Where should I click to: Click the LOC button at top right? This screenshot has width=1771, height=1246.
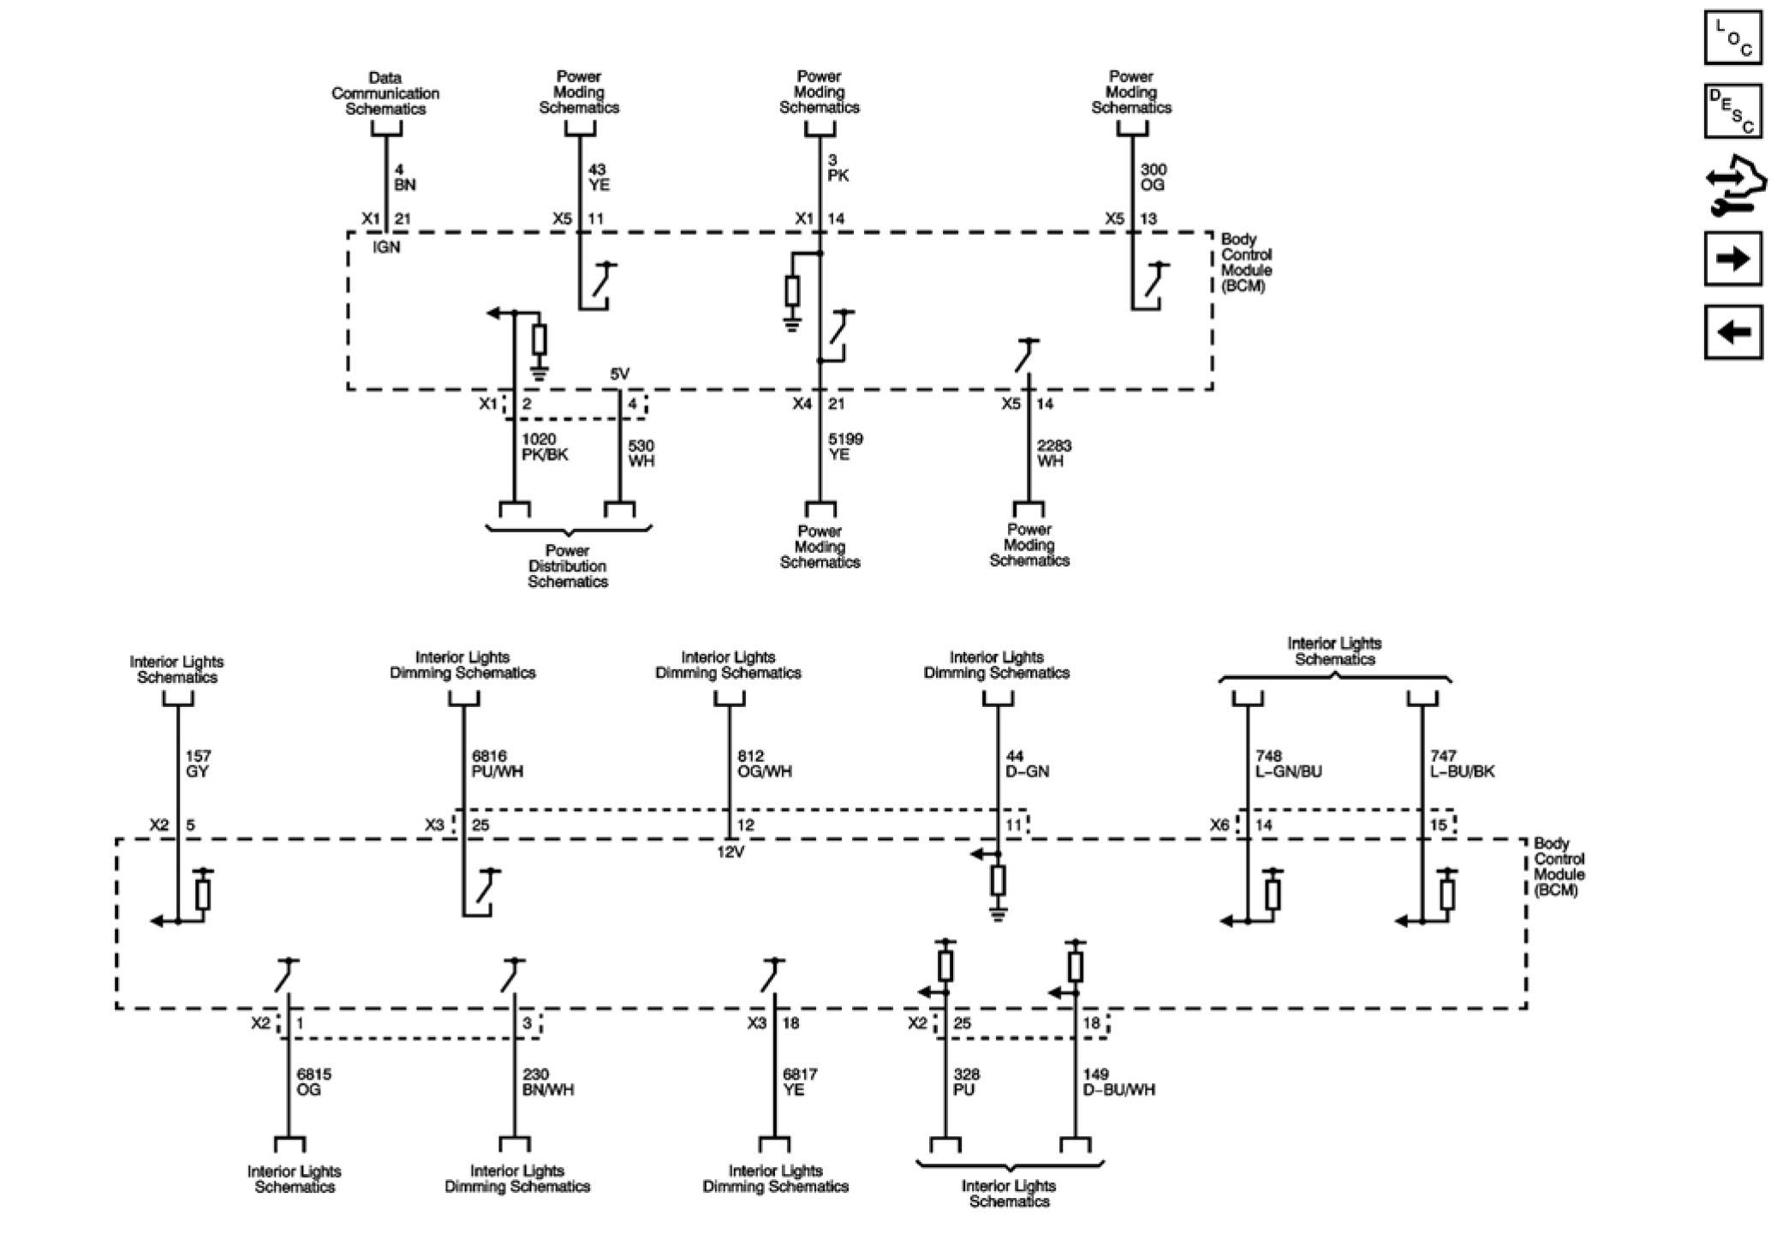click(1732, 37)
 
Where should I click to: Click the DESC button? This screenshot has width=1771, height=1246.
click(1732, 111)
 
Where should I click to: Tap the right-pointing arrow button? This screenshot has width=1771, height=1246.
click(1732, 258)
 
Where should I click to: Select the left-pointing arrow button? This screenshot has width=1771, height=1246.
click(1732, 331)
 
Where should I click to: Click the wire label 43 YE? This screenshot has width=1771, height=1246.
click(599, 177)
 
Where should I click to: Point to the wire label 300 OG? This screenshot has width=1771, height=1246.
click(1153, 177)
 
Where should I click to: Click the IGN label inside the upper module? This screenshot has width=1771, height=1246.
click(386, 248)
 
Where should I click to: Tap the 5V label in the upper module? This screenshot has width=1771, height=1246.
click(619, 374)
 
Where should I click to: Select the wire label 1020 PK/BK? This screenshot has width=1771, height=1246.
click(545, 447)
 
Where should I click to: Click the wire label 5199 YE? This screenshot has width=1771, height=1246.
click(844, 446)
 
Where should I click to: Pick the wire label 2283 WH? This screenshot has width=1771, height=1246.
click(1053, 453)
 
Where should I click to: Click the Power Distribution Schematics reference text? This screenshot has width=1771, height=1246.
click(568, 566)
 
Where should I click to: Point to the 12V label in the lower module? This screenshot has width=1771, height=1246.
click(730, 853)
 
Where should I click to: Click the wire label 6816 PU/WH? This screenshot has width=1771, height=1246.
click(497, 764)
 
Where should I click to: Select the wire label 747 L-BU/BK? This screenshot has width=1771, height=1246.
click(1462, 764)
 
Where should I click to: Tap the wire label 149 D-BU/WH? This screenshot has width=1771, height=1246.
click(1118, 1082)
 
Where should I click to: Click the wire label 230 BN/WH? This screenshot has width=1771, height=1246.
click(548, 1082)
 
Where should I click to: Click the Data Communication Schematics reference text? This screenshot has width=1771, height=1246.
click(385, 93)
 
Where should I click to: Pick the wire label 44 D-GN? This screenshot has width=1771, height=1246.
click(1027, 764)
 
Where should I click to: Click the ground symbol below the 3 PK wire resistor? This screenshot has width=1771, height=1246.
click(792, 324)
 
